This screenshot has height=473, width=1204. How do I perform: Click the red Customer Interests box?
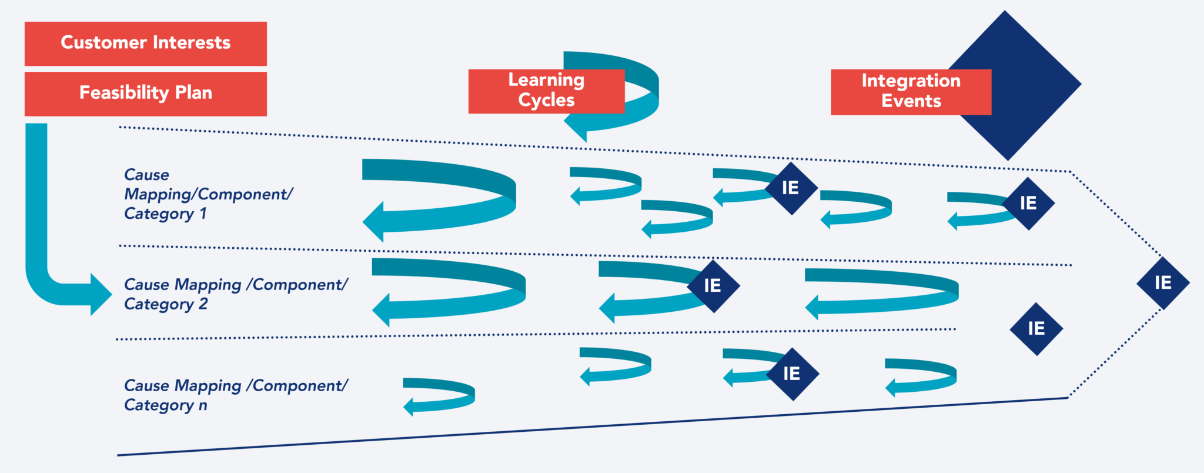point(145,44)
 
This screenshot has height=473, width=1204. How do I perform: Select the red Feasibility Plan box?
point(145,94)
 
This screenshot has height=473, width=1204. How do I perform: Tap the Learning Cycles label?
point(546,91)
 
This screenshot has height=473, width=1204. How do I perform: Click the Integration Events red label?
point(910,91)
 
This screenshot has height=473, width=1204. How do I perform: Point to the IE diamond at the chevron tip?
point(1163,283)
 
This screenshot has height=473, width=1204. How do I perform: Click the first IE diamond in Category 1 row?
point(791,188)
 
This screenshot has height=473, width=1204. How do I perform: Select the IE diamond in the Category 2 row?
point(713,286)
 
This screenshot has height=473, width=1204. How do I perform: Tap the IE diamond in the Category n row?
point(792,374)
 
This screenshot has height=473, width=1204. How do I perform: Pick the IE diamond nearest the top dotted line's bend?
point(1029,204)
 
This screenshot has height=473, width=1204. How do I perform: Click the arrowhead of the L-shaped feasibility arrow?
point(100,294)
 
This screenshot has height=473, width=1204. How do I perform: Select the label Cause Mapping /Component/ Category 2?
point(235,294)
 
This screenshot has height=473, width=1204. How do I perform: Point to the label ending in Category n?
point(235,395)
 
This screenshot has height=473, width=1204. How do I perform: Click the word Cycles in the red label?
point(546,101)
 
